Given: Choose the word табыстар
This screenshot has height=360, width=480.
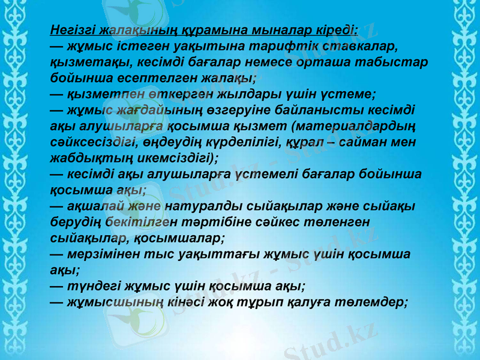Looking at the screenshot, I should pos(393,62).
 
